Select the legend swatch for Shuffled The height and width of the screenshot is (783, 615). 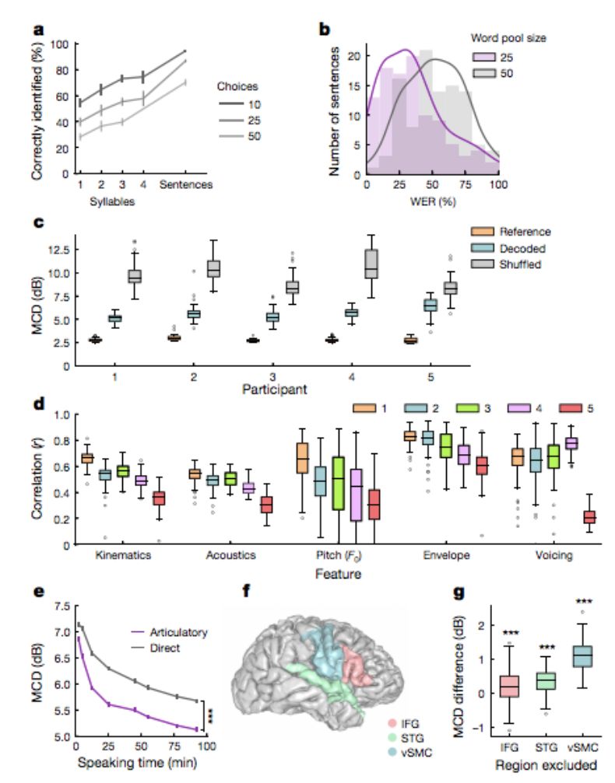click(485, 264)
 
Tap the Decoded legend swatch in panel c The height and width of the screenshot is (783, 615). click(485, 248)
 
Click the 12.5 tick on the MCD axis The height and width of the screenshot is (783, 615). click(60, 250)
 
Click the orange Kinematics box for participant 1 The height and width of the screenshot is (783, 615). click(87, 458)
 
